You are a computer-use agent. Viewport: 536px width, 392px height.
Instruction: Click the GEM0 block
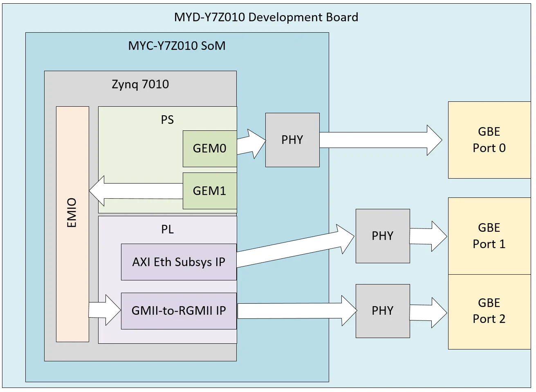pyautogui.click(x=209, y=148)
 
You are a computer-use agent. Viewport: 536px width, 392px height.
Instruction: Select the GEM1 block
pyautogui.click(x=209, y=191)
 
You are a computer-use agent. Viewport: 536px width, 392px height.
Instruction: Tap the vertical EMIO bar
pyautogui.click(x=72, y=224)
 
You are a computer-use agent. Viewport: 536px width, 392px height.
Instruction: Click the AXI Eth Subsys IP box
pyautogui.click(x=179, y=262)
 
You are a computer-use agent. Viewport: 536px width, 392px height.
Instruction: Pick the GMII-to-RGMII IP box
pyautogui.click(x=179, y=311)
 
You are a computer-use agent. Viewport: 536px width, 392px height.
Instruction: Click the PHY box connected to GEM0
pyautogui.click(x=292, y=140)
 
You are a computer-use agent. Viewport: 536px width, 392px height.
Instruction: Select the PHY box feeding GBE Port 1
pyautogui.click(x=383, y=236)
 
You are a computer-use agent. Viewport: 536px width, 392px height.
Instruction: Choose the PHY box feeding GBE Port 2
pyautogui.click(x=383, y=311)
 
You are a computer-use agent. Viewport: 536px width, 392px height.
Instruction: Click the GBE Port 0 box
pyautogui.click(x=489, y=140)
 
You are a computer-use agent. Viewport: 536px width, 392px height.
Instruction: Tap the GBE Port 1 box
pyautogui.click(x=489, y=236)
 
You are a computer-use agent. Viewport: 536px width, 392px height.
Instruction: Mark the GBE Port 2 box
pyautogui.click(x=489, y=311)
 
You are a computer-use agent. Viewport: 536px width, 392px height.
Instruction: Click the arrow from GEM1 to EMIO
pyautogui.click(x=135, y=191)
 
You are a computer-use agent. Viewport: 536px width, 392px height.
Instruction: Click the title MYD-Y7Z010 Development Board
pyautogui.click(x=266, y=17)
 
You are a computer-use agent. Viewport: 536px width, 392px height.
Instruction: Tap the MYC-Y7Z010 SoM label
pyautogui.click(x=177, y=45)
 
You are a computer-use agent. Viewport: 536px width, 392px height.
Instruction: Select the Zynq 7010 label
pyautogui.click(x=140, y=84)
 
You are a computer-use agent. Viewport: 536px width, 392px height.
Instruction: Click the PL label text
pyautogui.click(x=167, y=229)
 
